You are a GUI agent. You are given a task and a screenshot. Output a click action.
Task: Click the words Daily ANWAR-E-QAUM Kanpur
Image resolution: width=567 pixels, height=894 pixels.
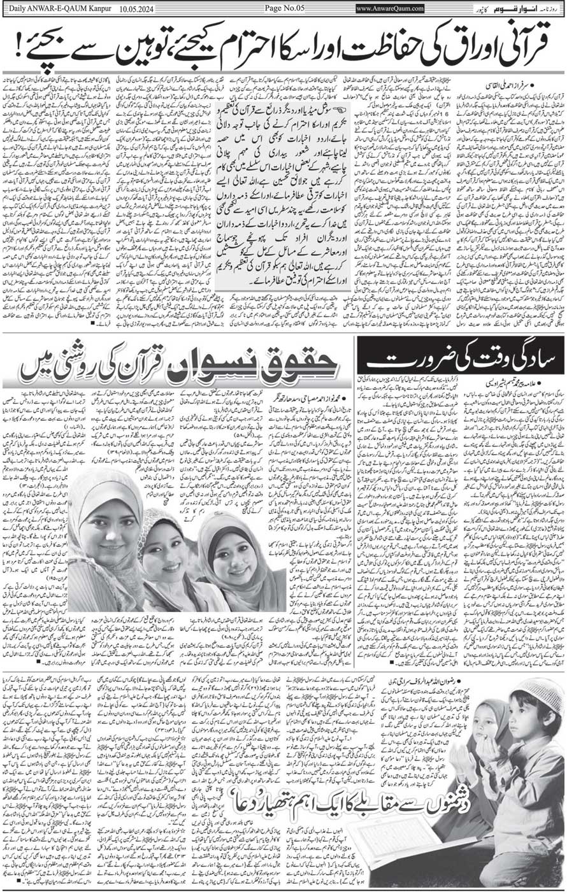coord(48,8)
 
